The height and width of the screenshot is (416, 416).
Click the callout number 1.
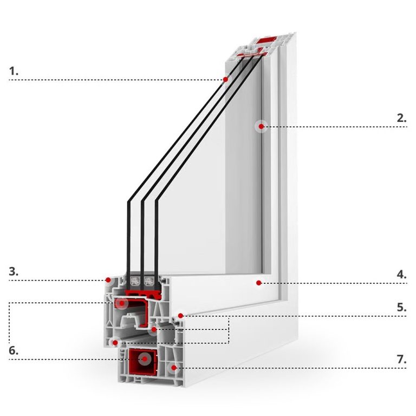click(14, 71)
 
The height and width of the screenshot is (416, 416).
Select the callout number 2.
click(401, 118)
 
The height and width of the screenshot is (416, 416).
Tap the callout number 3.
click(14, 272)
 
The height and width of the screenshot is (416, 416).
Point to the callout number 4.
click(401, 274)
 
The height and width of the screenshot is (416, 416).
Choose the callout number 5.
click(401, 307)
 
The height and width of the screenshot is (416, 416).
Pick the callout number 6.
click(14, 350)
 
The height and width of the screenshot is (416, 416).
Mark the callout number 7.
click(401, 359)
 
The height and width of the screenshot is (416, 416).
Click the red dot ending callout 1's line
click(225, 80)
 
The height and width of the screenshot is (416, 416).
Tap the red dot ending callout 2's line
click(261, 127)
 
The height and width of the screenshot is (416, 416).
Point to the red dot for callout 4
click(259, 283)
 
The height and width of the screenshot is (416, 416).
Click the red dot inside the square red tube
click(144, 359)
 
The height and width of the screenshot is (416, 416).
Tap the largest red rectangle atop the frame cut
click(265, 41)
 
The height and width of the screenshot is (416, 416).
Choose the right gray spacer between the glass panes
click(148, 281)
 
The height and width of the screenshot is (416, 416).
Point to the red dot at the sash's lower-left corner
click(115, 342)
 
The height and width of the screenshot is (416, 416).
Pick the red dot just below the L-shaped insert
click(154, 329)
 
